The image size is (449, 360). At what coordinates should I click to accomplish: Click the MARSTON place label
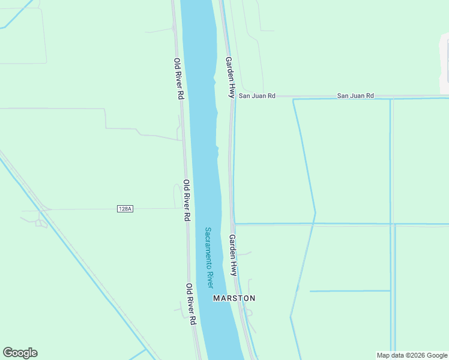[234, 298]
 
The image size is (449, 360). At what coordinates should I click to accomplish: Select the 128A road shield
[125, 208]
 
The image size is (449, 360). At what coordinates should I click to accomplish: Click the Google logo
[20, 353]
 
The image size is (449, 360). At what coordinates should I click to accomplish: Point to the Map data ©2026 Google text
[412, 355]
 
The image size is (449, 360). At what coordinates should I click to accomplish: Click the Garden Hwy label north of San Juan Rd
[229, 77]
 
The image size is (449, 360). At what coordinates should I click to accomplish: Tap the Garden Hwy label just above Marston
[232, 255]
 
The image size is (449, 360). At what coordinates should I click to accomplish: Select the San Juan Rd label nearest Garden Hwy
[257, 95]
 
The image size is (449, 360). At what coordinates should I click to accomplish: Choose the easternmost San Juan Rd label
[355, 95]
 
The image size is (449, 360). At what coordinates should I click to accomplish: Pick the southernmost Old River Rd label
[190, 304]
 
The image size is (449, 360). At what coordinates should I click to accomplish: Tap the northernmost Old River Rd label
[178, 79]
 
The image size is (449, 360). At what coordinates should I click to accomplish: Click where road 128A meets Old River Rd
[183, 208]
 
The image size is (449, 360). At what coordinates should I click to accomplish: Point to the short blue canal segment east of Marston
[350, 291]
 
